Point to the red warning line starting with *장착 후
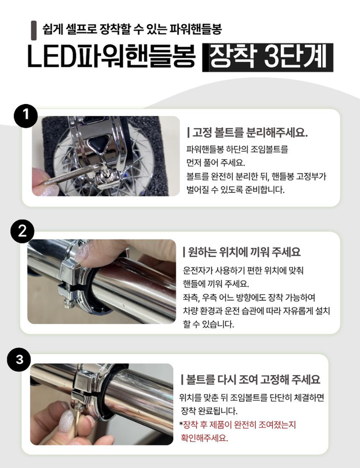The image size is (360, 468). (237, 424)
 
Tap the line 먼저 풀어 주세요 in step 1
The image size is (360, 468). (215, 162)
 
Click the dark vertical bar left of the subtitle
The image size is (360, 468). (34, 28)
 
